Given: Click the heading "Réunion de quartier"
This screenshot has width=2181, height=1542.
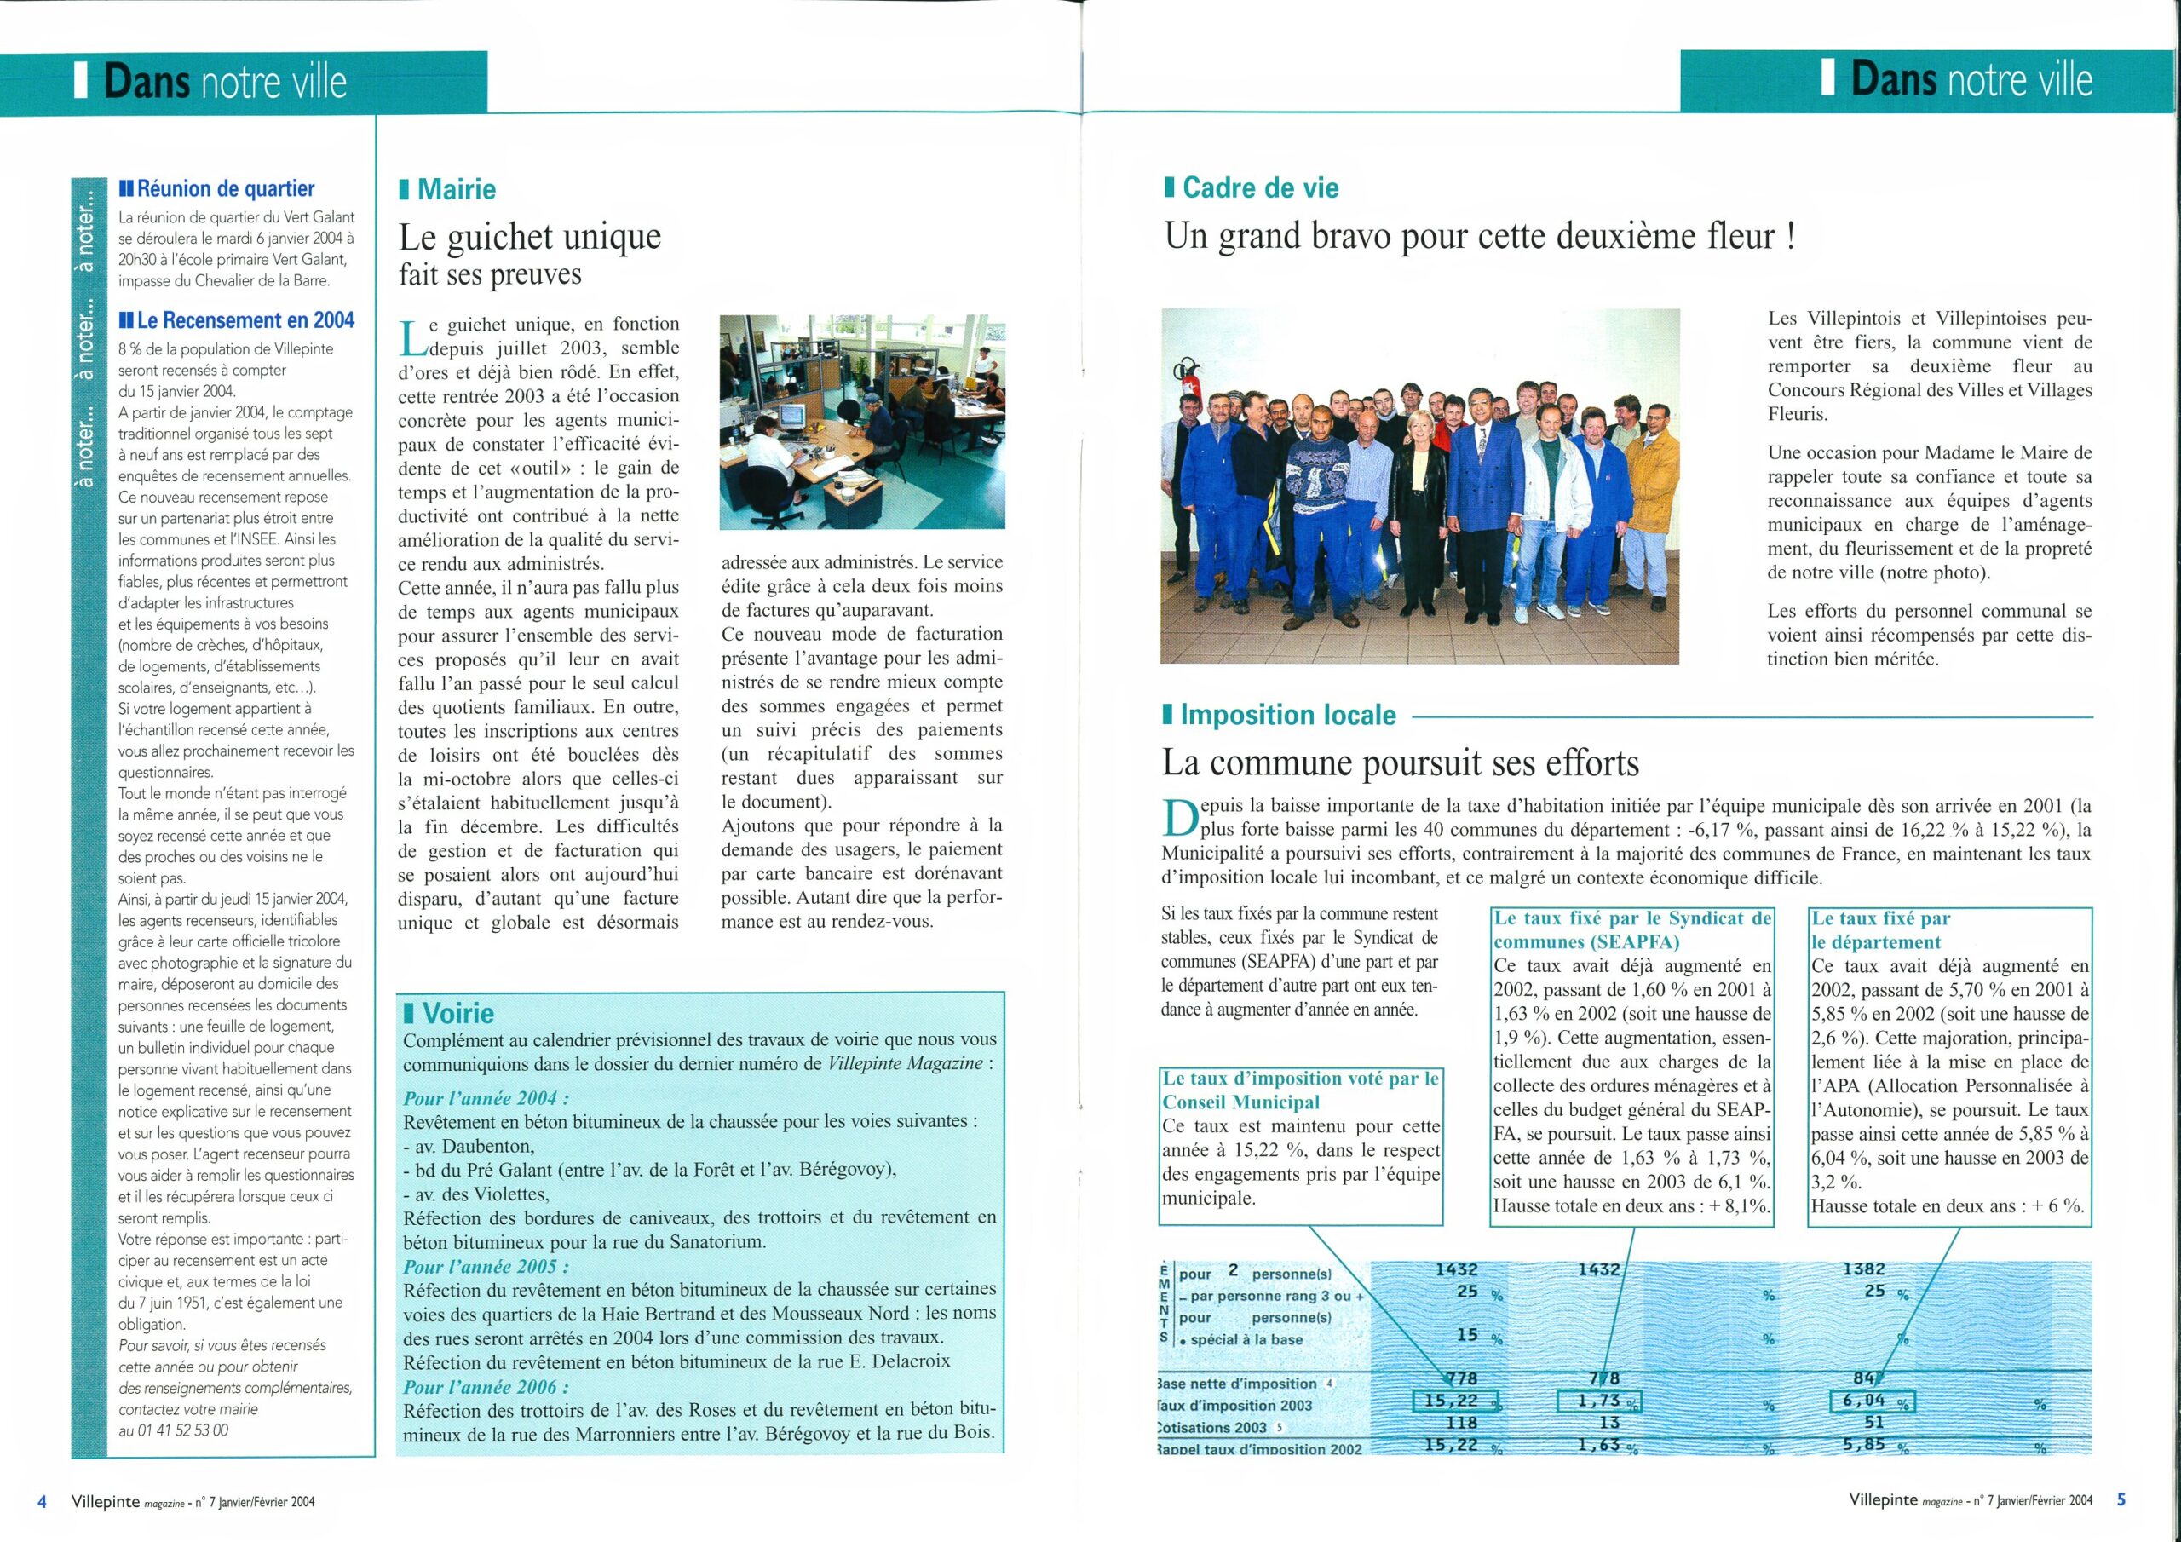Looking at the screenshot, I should [x=225, y=188].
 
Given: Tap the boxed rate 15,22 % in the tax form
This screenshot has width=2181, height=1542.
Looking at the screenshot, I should [x=1454, y=1401].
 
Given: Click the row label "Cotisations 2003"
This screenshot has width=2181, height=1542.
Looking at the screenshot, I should [x=1217, y=1427].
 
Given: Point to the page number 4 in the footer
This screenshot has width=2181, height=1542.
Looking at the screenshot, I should [x=41, y=1501].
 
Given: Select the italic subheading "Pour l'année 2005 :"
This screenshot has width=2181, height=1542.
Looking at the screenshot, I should [x=486, y=1267].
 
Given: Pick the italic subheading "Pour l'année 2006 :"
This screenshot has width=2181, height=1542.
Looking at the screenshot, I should [x=486, y=1387].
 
